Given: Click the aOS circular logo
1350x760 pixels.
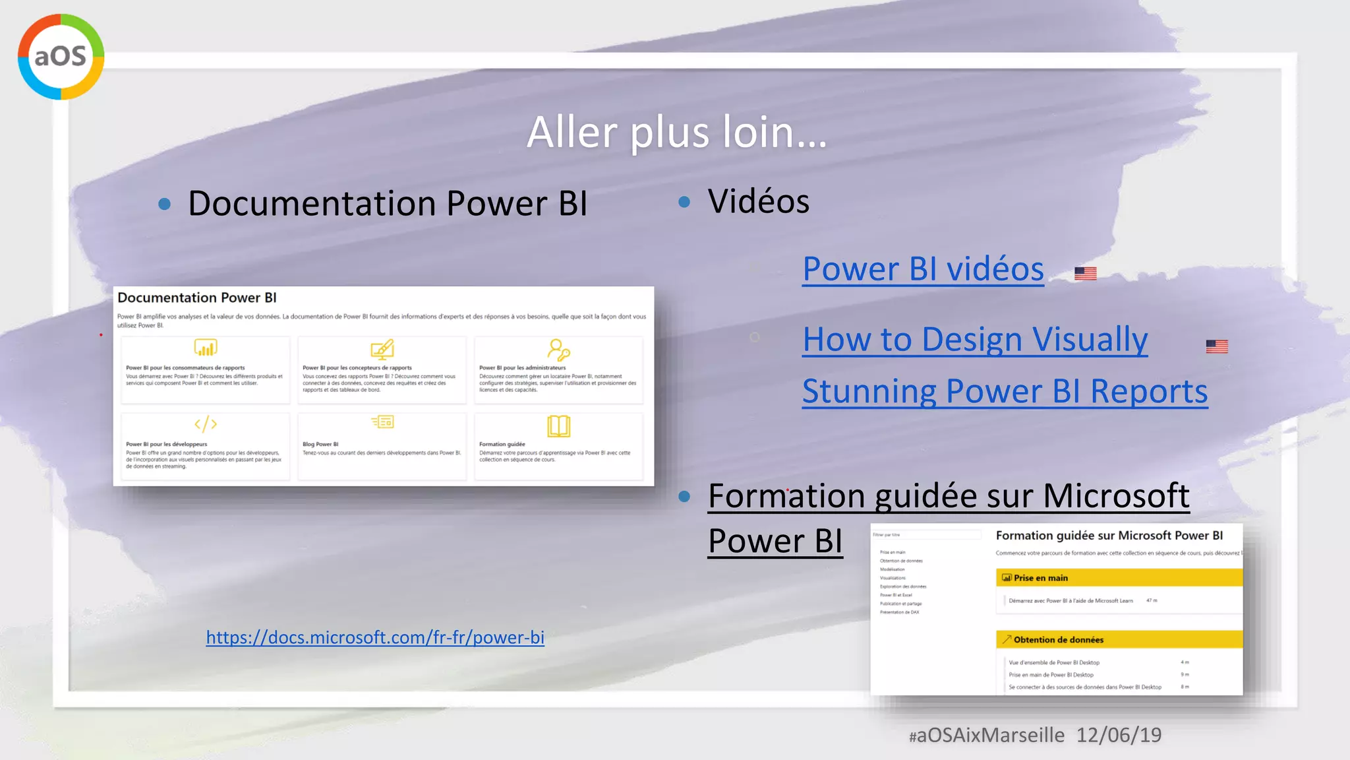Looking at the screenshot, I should [61, 57].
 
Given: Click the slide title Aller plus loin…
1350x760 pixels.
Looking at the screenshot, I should [676, 132].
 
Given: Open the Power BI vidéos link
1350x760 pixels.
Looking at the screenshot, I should [923, 269].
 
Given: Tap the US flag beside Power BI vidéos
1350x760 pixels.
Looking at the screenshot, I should [1085, 273].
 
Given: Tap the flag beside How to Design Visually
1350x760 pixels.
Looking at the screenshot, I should [1216, 346].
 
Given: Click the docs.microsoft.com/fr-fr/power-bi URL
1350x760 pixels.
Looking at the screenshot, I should [375, 637].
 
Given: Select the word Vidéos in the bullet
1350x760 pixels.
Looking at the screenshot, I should [758, 201].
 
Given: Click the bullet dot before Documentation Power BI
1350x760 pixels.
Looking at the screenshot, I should [165, 205].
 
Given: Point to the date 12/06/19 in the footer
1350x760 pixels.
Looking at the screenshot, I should [1119, 735].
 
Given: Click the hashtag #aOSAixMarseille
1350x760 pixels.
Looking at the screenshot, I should [986, 735].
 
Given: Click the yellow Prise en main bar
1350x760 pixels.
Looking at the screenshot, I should [1119, 578].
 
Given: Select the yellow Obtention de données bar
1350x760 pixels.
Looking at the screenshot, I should [1119, 639].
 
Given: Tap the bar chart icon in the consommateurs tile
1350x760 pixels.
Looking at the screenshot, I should [206, 348].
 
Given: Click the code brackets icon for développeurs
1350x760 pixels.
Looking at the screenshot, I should [206, 424].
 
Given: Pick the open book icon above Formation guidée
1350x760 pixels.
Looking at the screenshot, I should [558, 426].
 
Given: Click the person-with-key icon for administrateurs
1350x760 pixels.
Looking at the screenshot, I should [558, 349].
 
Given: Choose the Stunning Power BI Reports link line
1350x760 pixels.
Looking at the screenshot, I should [1005, 391].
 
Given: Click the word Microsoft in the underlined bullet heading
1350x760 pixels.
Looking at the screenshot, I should [1116, 495].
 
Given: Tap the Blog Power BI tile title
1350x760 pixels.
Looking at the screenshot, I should [320, 444].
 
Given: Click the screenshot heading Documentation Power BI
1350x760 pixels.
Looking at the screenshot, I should [197, 298].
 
